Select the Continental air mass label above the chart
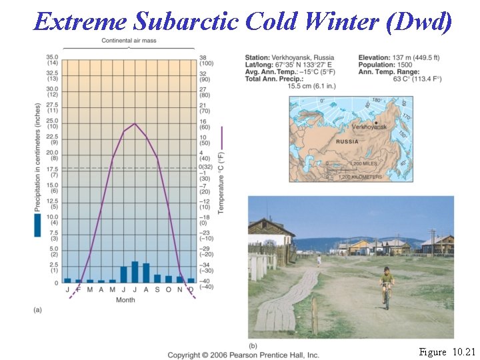[129, 41]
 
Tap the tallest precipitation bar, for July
[135, 272]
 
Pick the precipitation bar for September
[157, 279]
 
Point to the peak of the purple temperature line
[135, 123]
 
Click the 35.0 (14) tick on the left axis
[51, 59]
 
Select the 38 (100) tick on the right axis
[205, 59]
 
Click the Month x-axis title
[125, 300]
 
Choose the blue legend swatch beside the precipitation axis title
[37, 225]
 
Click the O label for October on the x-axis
[168, 290]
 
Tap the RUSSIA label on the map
[347, 141]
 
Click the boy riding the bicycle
[387, 283]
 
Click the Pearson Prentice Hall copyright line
[243, 355]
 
